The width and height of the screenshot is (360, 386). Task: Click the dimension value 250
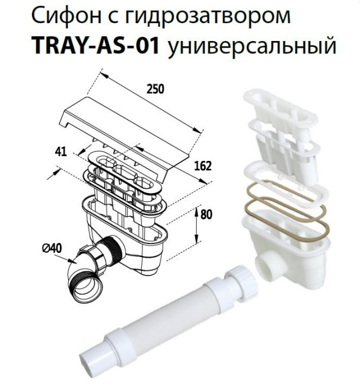click(x=155, y=89)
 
